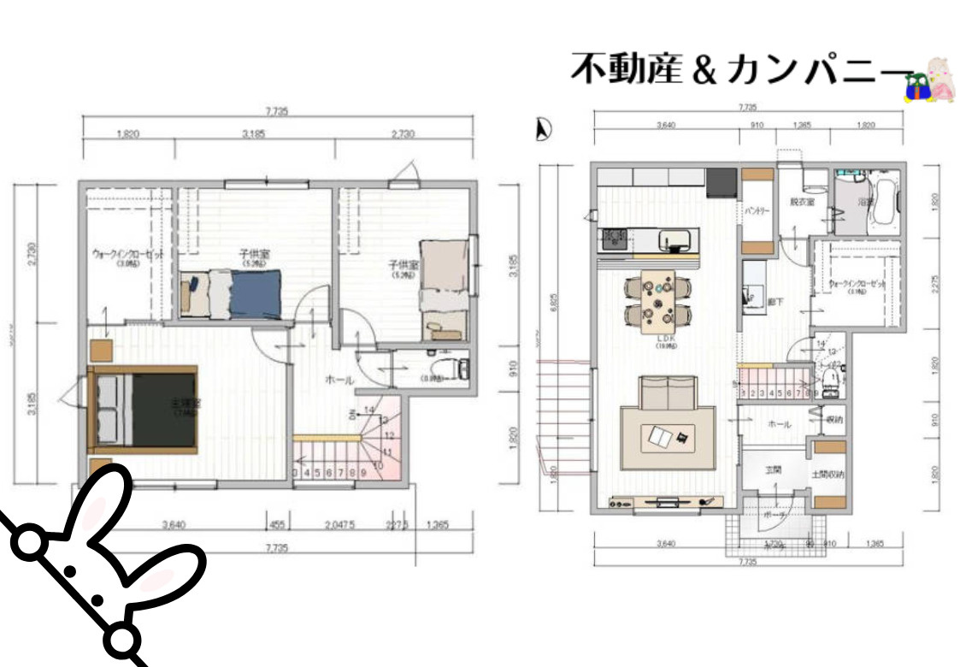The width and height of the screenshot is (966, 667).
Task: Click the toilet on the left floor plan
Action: click(x=452, y=369)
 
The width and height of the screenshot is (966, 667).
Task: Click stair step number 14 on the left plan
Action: click(x=369, y=410)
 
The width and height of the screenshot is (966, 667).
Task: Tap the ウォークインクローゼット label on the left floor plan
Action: click(x=127, y=255)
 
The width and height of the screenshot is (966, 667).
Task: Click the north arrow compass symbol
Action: click(x=541, y=129)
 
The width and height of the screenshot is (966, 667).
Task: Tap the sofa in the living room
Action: click(x=669, y=396)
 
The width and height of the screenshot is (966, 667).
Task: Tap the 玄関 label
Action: click(x=773, y=469)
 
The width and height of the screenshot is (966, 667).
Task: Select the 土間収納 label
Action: click(x=827, y=473)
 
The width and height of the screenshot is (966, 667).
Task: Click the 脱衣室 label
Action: click(x=801, y=203)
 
